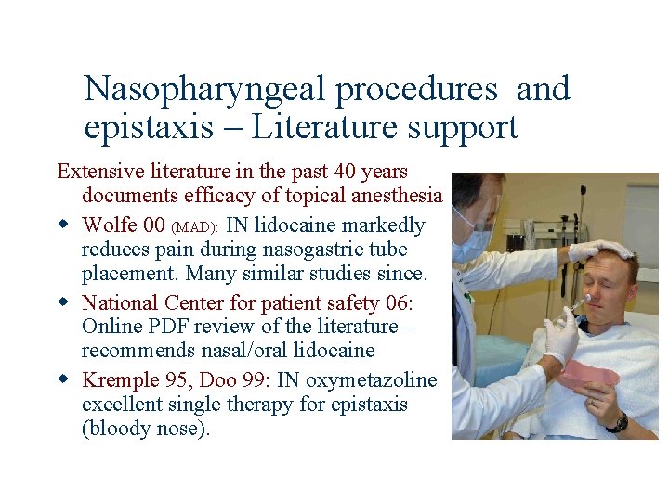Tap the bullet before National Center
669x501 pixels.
(64, 302)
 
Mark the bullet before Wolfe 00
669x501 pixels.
(64, 225)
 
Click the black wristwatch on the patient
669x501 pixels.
(617, 422)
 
